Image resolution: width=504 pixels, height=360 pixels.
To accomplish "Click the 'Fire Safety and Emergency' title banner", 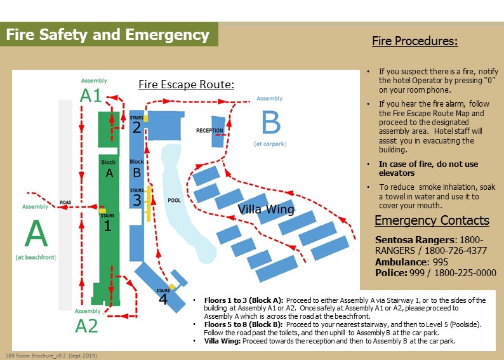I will (108, 34).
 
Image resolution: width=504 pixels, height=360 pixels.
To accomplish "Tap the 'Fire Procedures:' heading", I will (414, 42).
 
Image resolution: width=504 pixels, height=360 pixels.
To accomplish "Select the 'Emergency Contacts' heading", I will (432, 221).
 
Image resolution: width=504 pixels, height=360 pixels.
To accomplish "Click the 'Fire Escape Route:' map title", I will (187, 84).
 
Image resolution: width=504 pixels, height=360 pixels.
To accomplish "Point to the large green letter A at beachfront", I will (36, 234).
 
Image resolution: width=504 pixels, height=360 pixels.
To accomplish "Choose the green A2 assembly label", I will (87, 326).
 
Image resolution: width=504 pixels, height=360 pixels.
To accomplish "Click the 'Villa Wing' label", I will (266, 210).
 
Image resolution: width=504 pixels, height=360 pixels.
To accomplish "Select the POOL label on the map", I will (174, 200).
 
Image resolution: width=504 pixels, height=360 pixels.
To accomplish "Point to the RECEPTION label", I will (209, 131).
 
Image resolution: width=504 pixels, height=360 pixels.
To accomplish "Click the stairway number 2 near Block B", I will (136, 128).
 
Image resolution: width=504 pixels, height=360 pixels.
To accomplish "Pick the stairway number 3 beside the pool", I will (136, 201).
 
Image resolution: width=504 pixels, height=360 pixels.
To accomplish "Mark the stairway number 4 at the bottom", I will (162, 299).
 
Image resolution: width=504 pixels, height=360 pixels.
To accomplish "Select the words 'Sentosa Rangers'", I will (413, 240).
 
